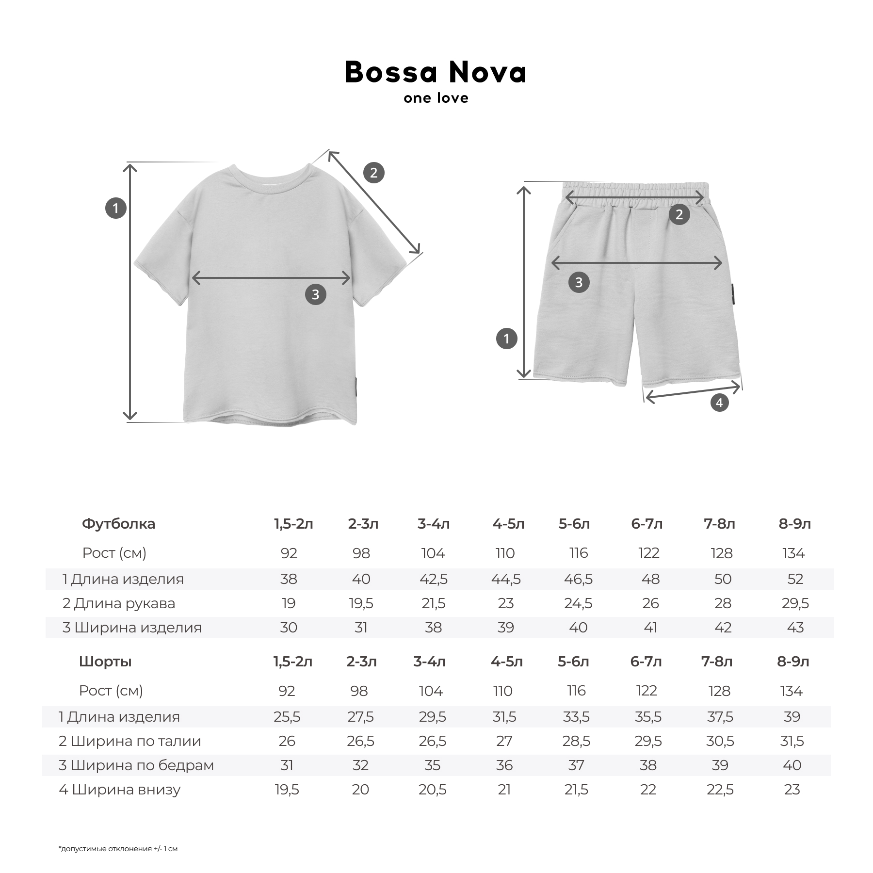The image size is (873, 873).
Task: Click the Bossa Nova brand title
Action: (435, 73)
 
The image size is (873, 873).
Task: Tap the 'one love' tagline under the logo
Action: (436, 98)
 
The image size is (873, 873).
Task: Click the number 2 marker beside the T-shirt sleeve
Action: (373, 173)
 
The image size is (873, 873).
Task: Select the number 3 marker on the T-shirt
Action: (315, 294)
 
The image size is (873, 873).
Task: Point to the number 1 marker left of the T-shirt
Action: (115, 209)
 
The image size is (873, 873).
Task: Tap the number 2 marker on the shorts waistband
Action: (679, 214)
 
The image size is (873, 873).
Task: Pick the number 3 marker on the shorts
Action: (579, 282)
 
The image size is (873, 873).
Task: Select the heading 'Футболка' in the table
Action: (118, 524)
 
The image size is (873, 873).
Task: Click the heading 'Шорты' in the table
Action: (105, 662)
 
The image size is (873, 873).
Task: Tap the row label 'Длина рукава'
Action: (119, 603)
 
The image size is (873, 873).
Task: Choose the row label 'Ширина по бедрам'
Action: (136, 765)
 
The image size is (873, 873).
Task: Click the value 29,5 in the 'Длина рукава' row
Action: (795, 603)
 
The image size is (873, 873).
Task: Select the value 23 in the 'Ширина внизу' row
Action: (792, 790)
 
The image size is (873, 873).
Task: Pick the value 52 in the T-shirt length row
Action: (795, 579)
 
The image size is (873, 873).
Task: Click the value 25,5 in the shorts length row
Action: (287, 717)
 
